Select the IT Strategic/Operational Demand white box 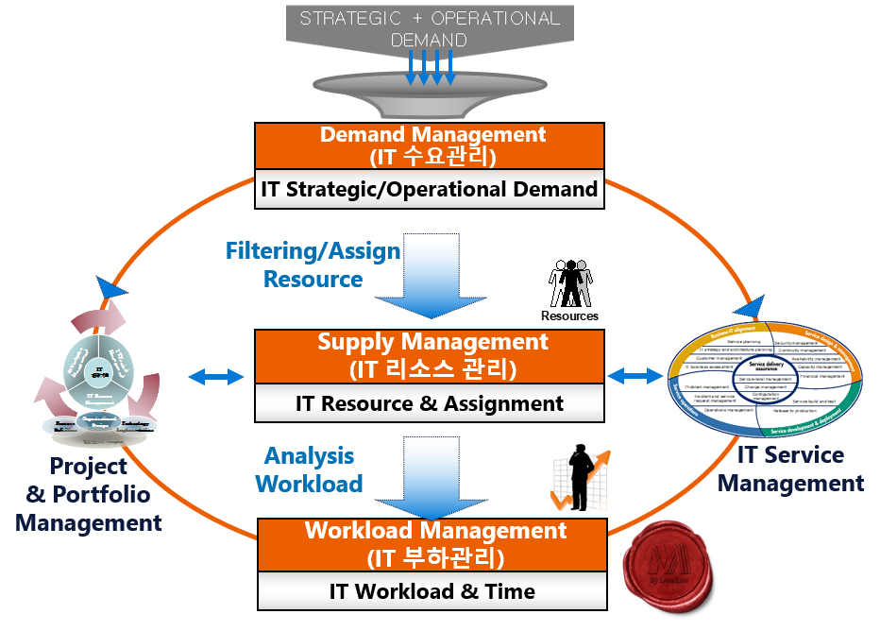point(431,189)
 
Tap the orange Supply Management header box point(431,353)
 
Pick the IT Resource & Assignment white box point(431,403)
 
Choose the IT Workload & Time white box point(431,592)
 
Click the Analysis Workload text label point(310,470)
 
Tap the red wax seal point(666,575)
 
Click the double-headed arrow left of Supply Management point(215,377)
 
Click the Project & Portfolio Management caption point(89,494)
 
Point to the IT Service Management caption point(790,469)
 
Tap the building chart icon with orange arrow point(578,482)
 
